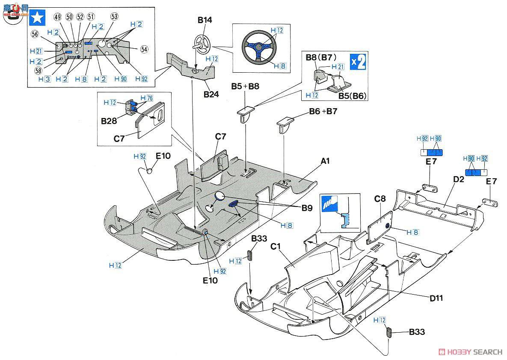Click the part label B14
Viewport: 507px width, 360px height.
pyautogui.click(x=205, y=20)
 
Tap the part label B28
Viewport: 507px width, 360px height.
pyautogui.click(x=109, y=121)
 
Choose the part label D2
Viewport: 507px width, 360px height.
pyautogui.click(x=459, y=179)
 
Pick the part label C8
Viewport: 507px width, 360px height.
pyautogui.click(x=380, y=199)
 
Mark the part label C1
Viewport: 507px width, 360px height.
pyautogui.click(x=275, y=247)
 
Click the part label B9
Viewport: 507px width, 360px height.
pyautogui.click(x=307, y=208)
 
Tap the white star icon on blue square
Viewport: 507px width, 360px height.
pyautogui.click(x=37, y=18)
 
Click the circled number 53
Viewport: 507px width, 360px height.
pyautogui.click(x=114, y=16)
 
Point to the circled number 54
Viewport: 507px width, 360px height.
pyautogui.click(x=144, y=49)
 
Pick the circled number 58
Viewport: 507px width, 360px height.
pyautogui.click(x=39, y=71)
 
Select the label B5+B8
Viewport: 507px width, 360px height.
pyautogui.click(x=245, y=86)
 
